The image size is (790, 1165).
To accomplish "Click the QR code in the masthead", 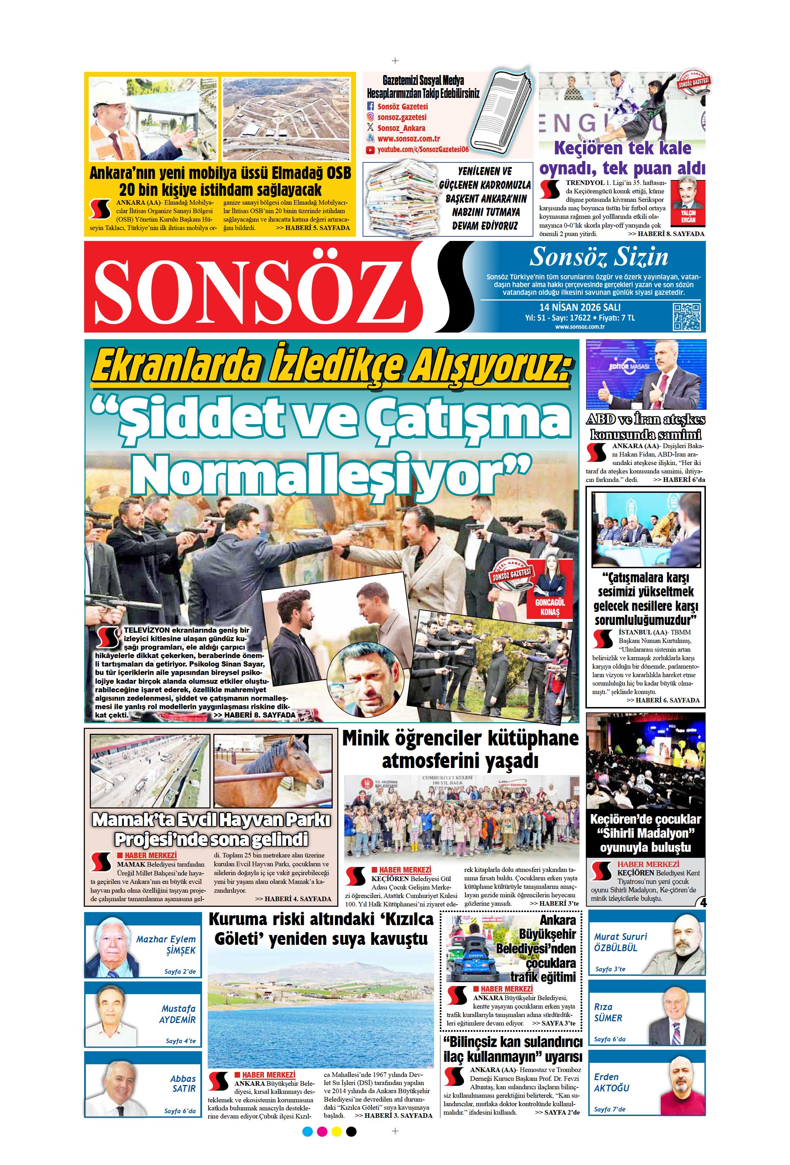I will pyautogui.click(x=686, y=316).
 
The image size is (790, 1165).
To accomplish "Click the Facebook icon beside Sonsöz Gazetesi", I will pyautogui.click(x=371, y=106).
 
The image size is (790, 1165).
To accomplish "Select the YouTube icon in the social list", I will pyautogui.click(x=370, y=149).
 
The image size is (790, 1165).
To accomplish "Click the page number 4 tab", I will pyautogui.click(x=702, y=902).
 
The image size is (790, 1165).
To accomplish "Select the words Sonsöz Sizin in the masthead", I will pyautogui.click(x=598, y=257).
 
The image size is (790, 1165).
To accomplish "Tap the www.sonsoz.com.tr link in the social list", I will pyautogui.click(x=408, y=139).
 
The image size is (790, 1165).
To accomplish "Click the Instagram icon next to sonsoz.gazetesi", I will pyautogui.click(x=371, y=117).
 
